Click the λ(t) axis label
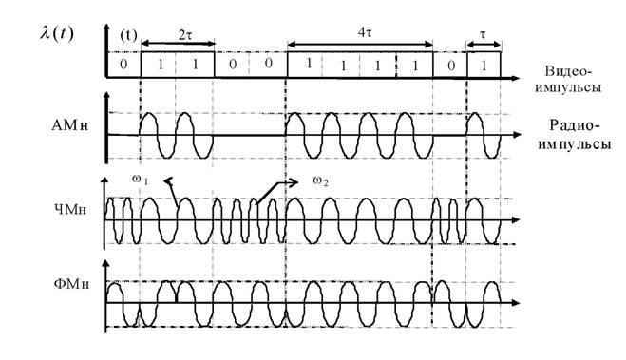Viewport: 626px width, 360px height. click(x=56, y=33)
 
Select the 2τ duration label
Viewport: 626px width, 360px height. click(x=184, y=35)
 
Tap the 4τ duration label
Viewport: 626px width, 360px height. click(x=365, y=32)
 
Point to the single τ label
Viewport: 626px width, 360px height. click(x=484, y=35)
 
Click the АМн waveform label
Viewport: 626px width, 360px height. click(x=70, y=126)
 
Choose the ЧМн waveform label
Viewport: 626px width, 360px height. click(x=70, y=209)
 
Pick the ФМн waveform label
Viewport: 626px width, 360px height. click(x=71, y=284)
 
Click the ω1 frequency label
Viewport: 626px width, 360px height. click(x=141, y=180)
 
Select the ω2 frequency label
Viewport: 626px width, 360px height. click(x=320, y=181)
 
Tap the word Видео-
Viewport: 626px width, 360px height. click(x=566, y=72)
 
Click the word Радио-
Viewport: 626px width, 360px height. click(x=575, y=125)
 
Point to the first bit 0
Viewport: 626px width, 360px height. click(x=123, y=64)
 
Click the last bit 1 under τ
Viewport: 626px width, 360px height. click(x=484, y=65)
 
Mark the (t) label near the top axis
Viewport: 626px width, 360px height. click(x=128, y=36)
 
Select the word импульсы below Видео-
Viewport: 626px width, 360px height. click(x=568, y=87)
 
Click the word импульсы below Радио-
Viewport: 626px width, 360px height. click(x=574, y=143)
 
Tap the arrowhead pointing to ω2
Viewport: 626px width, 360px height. click(x=294, y=182)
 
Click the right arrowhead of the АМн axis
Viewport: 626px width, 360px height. click(x=517, y=135)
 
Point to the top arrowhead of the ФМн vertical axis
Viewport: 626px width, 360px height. click(x=105, y=264)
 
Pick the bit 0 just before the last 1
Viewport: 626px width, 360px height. click(x=450, y=65)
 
